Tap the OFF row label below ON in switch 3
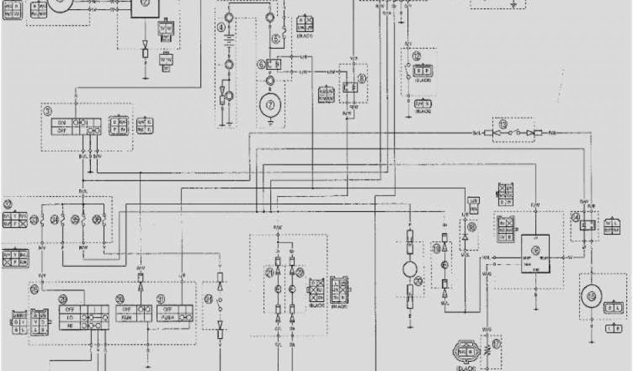61,130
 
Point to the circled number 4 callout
221,27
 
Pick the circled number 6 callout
261,64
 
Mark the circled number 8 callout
362,78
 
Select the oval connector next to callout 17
465,351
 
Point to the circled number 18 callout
473,227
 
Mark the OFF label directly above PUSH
166,307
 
